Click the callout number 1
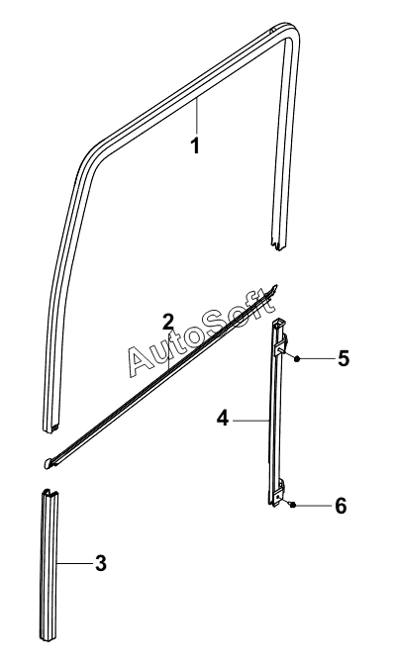[x=195, y=145]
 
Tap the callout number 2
[x=168, y=322]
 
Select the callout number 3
[x=100, y=563]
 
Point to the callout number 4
[x=223, y=419]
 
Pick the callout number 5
[x=344, y=358]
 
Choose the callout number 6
[x=341, y=506]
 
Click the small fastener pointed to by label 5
[x=297, y=359]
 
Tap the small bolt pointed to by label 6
[x=293, y=505]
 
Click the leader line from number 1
[x=197, y=116]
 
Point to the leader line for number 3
[x=75, y=564]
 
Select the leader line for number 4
[x=250, y=421]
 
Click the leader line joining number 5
[x=318, y=359]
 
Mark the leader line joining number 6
[x=314, y=506]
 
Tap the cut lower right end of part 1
[x=279, y=244]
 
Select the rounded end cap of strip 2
[x=49, y=463]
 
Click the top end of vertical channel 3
[x=49, y=495]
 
